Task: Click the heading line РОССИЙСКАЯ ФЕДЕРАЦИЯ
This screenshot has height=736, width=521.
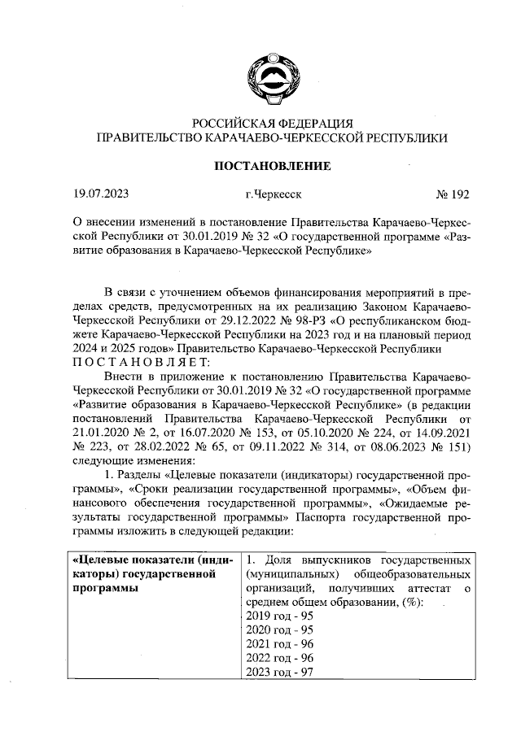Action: [271, 123]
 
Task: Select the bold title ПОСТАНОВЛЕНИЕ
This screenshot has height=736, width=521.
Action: [271, 167]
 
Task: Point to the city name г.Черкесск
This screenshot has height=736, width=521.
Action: [272, 195]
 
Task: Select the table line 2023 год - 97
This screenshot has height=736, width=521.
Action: [279, 672]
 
